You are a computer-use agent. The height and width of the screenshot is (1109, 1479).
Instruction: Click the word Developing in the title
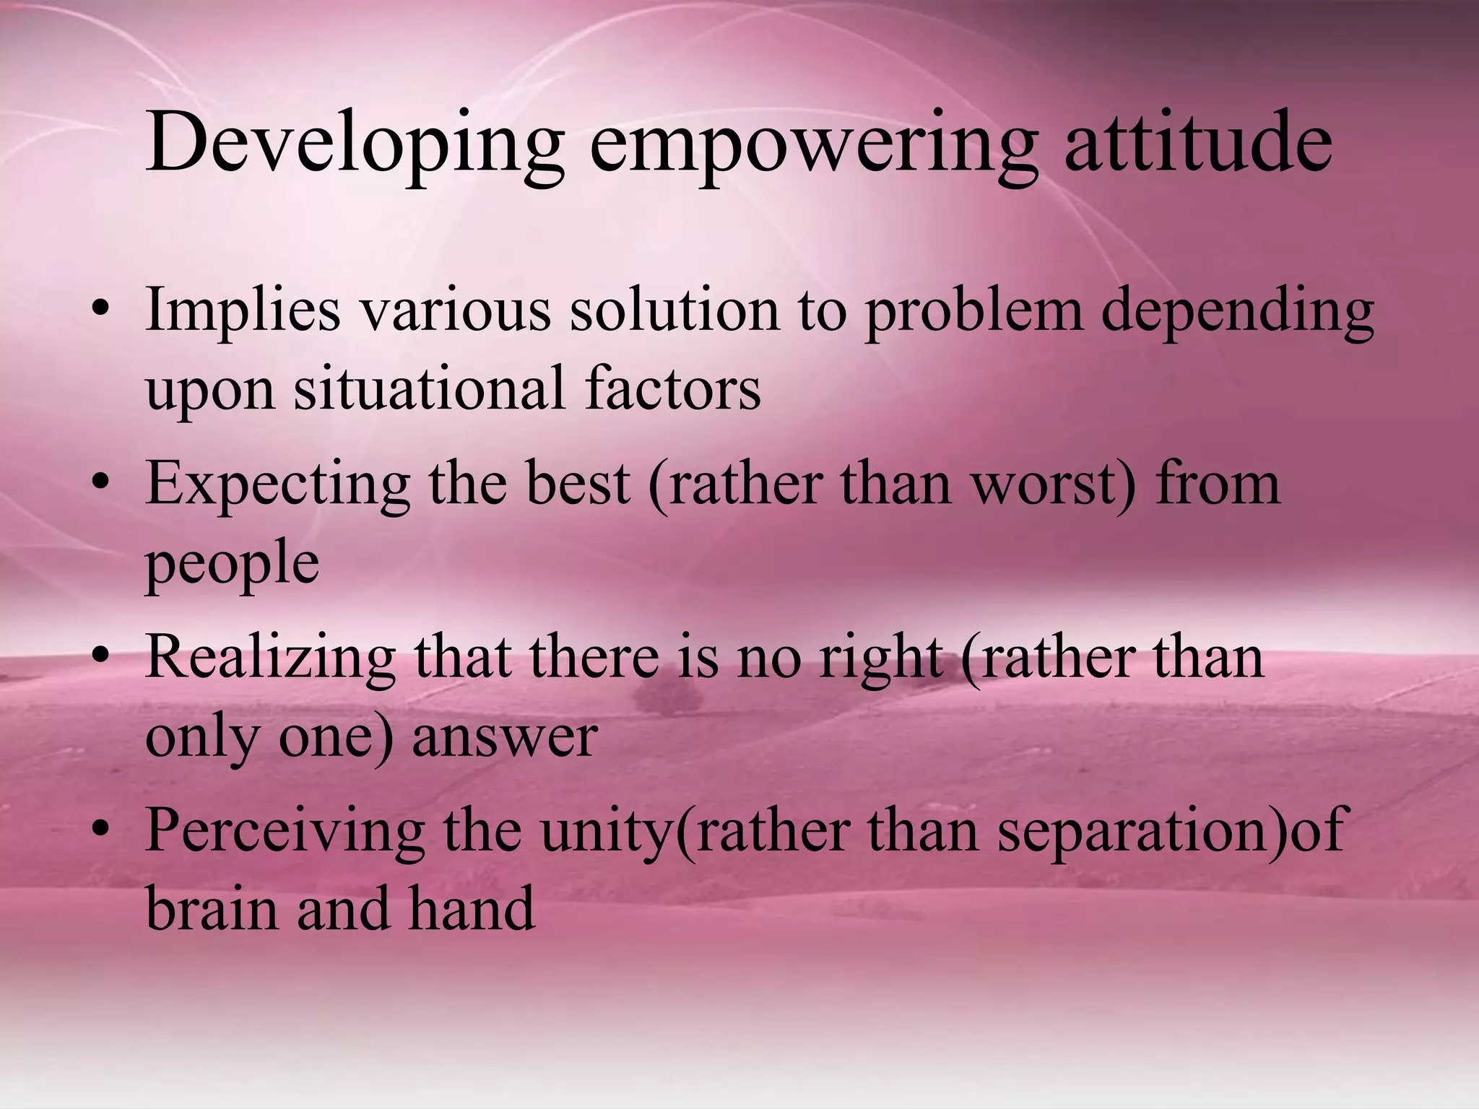(x=354, y=144)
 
